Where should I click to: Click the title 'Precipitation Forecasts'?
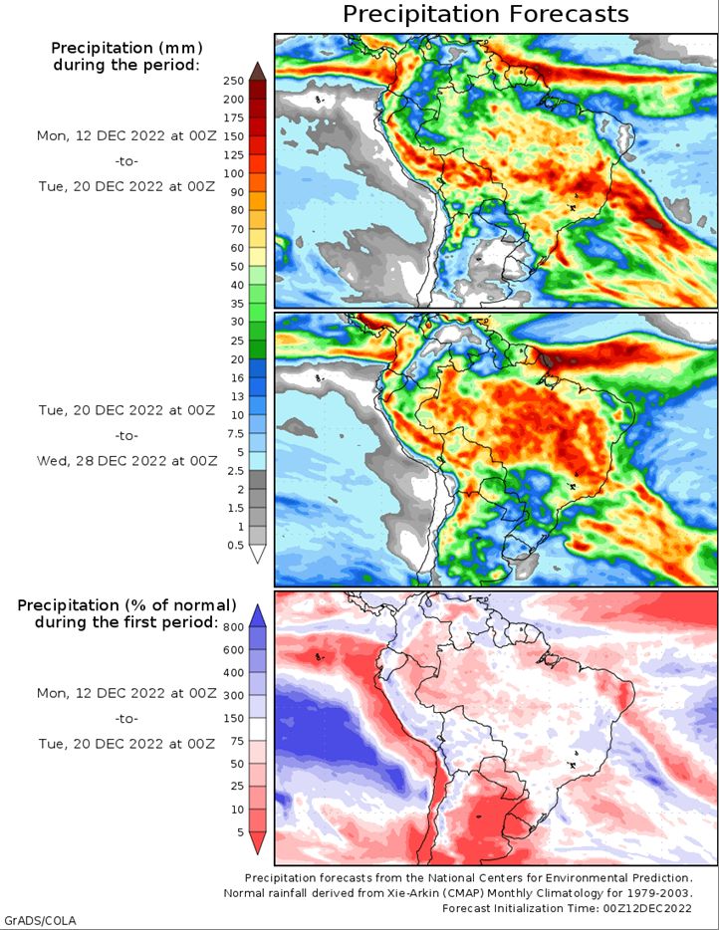tap(486, 14)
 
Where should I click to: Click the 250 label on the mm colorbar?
tap(233, 81)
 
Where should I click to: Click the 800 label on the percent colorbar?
tap(233, 627)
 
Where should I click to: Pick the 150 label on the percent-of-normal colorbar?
tap(233, 719)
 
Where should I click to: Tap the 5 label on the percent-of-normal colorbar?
tap(239, 831)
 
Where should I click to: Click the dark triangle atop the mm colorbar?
tap(257, 71)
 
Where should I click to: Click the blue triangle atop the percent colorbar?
tap(257, 612)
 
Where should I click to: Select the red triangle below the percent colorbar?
tap(257, 843)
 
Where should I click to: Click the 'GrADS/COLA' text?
tap(40, 919)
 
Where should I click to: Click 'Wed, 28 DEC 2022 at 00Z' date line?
tap(125, 461)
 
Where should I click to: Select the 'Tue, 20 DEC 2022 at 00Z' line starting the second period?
tap(125, 409)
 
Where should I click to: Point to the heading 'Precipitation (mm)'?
tap(125, 48)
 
